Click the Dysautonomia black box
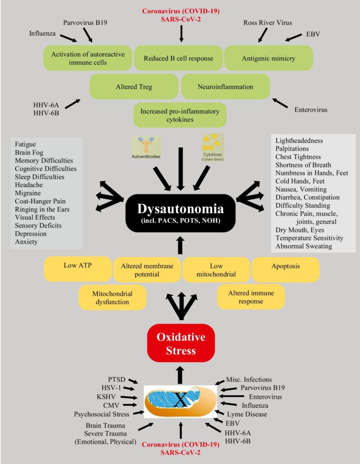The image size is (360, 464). [180, 214]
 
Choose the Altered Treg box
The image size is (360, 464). [134, 87]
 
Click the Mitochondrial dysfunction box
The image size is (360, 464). [112, 297]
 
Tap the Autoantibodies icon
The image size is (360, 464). [146, 146]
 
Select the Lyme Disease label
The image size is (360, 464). [247, 414]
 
